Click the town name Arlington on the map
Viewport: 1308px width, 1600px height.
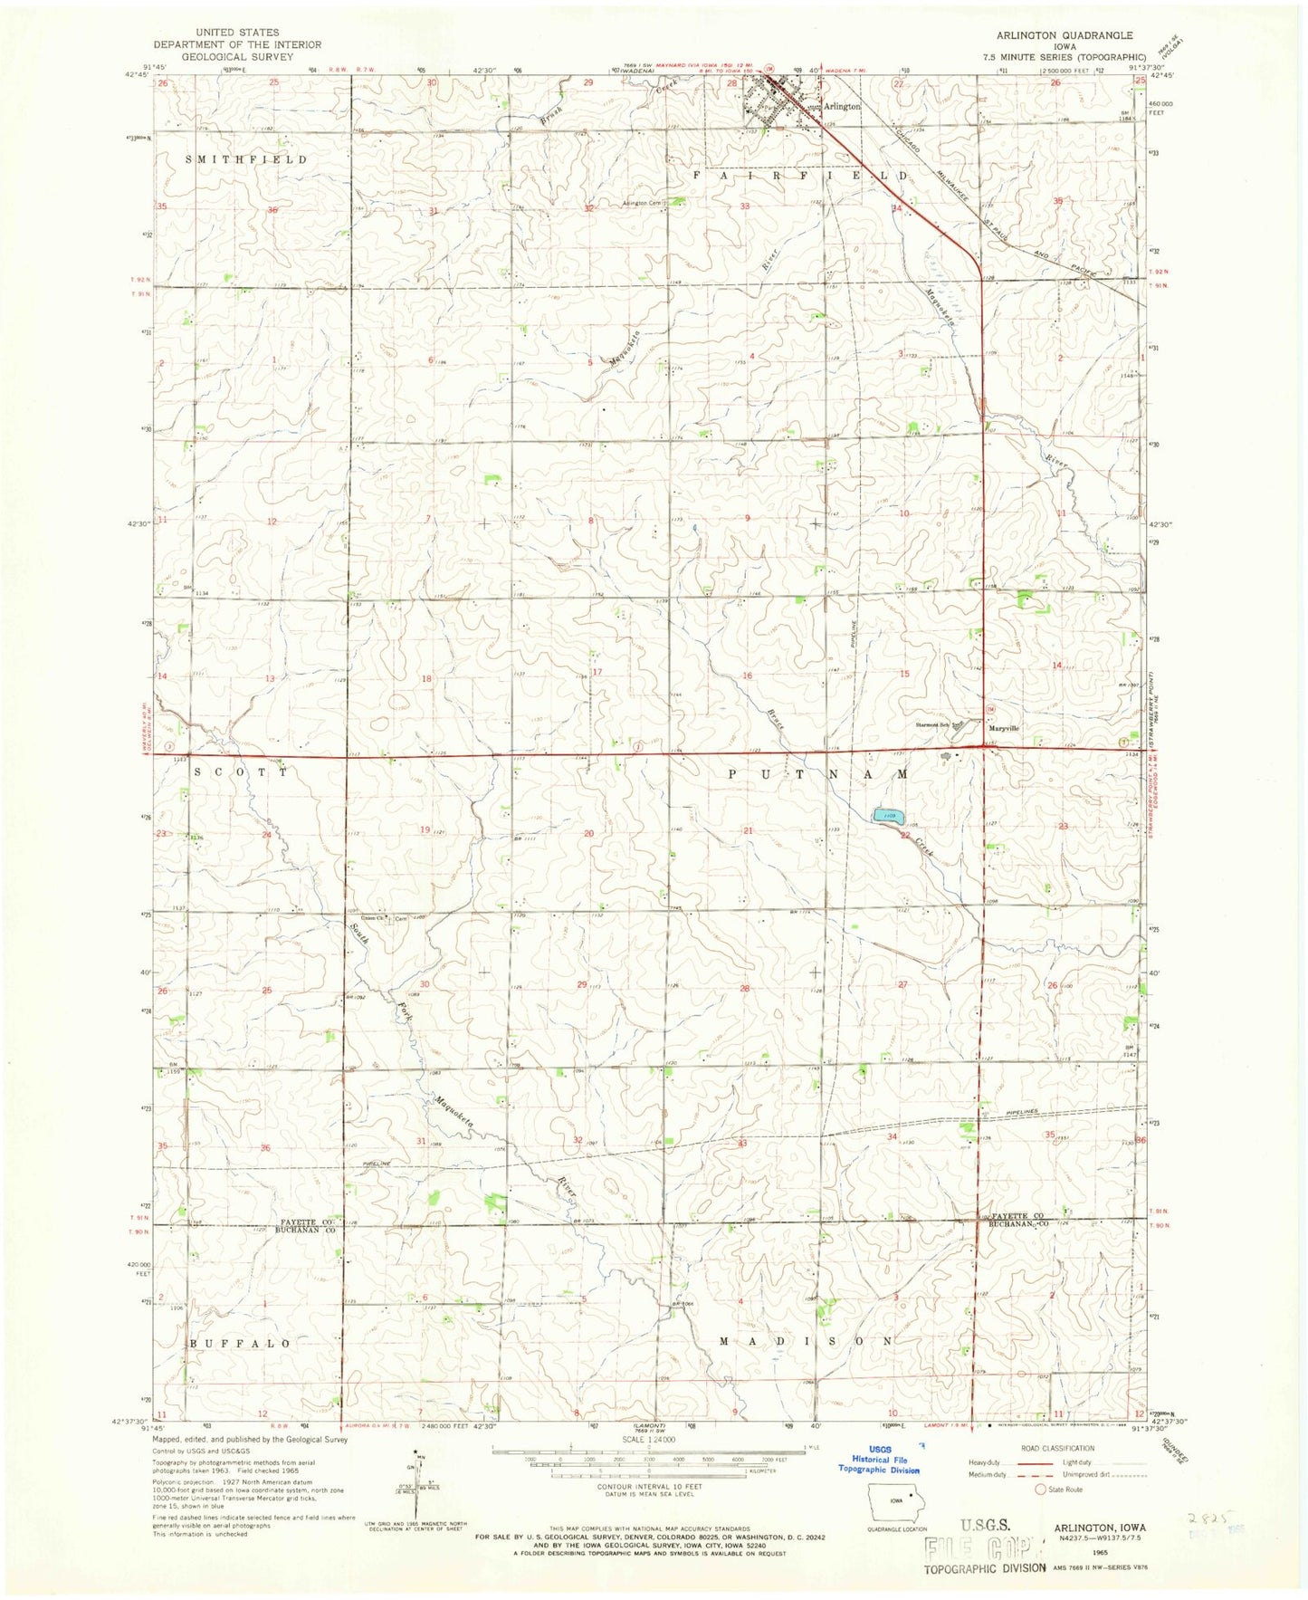(x=842, y=106)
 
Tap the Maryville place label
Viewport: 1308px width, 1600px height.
(x=1003, y=728)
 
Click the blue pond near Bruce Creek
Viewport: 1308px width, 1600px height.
(x=888, y=817)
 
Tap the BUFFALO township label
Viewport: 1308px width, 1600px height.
(x=240, y=1344)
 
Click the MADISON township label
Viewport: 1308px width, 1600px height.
(x=807, y=1340)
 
